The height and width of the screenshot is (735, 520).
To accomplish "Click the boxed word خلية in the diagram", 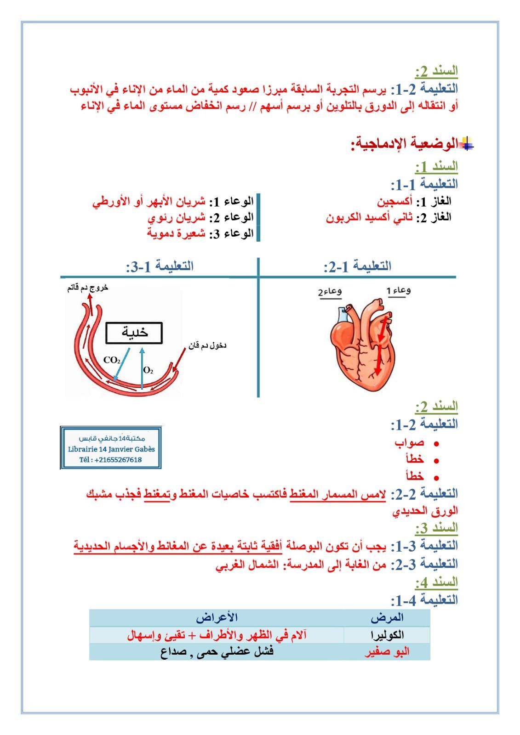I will pos(134,333).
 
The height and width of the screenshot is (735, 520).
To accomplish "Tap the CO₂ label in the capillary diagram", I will pos(112,360).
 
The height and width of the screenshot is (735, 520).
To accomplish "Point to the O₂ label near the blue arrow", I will pos(148,370).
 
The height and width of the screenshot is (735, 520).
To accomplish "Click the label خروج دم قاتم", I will pos(87,288).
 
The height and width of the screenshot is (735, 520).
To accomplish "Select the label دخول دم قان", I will pos(207,345).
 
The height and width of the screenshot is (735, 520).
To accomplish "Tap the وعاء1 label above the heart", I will pos(399,290).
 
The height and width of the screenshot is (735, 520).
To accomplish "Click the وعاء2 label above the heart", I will pos(330,291).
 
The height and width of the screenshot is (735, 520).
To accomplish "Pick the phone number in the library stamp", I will pos(110,460).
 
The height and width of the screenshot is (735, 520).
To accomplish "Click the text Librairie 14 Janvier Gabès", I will pos(111,449).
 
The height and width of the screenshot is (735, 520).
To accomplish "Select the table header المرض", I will pos(389,618).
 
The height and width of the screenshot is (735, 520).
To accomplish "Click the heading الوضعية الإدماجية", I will pos(405,144).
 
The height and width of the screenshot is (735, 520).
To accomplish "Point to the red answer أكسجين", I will pos(395,202).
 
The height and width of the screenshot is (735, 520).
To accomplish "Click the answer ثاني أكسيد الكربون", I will pos(369,218).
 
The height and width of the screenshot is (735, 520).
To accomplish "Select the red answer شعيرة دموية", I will pos(176,233).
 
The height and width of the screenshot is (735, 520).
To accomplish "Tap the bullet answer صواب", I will pos(409,443).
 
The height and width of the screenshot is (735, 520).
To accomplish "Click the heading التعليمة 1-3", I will pos(160,266).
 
